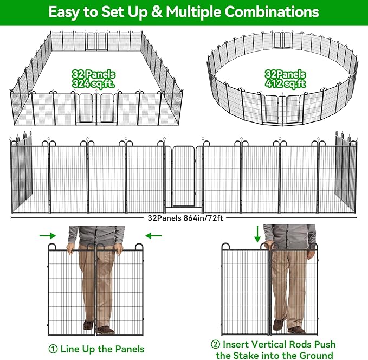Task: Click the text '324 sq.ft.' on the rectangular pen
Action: [94, 84]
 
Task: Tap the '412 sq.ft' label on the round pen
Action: [286, 84]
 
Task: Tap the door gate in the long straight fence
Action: [184, 177]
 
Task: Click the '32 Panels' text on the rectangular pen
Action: [94, 74]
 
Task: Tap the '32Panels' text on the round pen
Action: [286, 74]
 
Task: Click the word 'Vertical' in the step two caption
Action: [277, 345]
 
